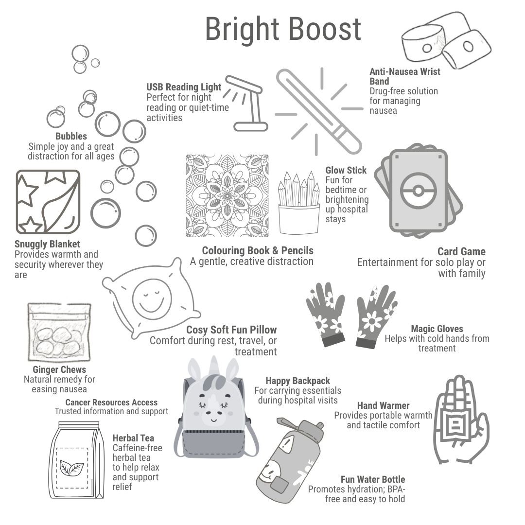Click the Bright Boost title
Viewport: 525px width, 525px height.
click(x=283, y=30)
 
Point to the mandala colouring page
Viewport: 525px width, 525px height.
click(x=227, y=196)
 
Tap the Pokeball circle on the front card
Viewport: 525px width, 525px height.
click(x=418, y=191)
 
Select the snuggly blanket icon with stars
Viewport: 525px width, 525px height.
click(x=48, y=202)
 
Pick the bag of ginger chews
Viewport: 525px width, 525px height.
click(x=59, y=332)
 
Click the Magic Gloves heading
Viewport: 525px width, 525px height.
click(x=437, y=329)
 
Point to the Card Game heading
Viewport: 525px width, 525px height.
click(x=461, y=251)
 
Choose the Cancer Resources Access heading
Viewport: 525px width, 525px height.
click(x=111, y=402)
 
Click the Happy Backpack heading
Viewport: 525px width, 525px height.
click(x=297, y=381)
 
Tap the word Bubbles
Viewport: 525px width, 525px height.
click(x=71, y=136)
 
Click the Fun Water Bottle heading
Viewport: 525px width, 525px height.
click(x=373, y=479)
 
